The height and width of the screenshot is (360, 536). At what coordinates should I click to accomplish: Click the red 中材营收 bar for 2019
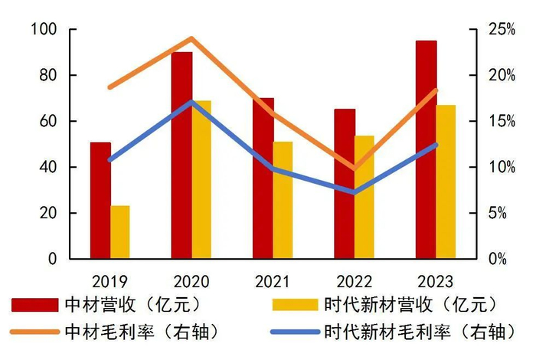pyautogui.click(x=100, y=201)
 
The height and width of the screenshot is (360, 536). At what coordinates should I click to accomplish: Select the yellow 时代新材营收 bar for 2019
pyautogui.click(x=120, y=232)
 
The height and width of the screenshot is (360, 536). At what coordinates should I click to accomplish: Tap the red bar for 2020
pyautogui.click(x=181, y=155)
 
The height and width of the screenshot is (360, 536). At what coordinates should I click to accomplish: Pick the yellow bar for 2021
pyautogui.click(x=283, y=201)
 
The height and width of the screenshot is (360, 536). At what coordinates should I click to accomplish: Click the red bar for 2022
pyautogui.click(x=345, y=184)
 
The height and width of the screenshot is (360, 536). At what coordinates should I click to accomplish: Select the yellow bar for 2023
pyautogui.click(x=446, y=182)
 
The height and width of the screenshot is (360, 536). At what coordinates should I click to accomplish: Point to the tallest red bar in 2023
pyautogui.click(x=426, y=150)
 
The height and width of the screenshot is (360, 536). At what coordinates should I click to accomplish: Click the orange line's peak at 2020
pyautogui.click(x=191, y=38)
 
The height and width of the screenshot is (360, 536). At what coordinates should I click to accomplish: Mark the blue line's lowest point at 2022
pyautogui.click(x=354, y=192)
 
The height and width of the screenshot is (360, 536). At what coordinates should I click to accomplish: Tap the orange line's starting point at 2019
pyautogui.click(x=109, y=87)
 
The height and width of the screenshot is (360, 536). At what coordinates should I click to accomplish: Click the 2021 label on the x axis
pyautogui.click(x=273, y=280)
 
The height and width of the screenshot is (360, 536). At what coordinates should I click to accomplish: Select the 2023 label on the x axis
pyautogui.click(x=436, y=280)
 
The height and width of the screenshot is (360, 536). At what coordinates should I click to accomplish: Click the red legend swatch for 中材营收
pyautogui.click(x=34, y=305)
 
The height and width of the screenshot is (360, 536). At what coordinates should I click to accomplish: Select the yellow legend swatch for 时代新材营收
pyautogui.click(x=296, y=305)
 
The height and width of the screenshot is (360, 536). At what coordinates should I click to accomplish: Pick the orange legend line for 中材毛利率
pyautogui.click(x=34, y=332)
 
